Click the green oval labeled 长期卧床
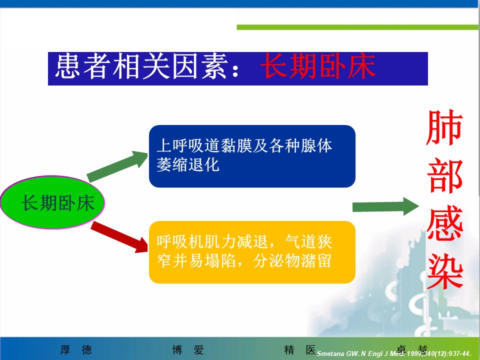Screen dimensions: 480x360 coord(52,202)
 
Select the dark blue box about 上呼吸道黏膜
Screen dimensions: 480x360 coord(252,156)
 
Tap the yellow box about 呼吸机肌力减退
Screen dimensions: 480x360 coord(252,252)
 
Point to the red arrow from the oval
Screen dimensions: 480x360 coord(119,237)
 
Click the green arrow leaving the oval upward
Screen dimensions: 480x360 coord(117,166)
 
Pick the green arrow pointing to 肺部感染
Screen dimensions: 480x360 coord(385,206)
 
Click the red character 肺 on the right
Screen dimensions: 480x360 coord(444,127)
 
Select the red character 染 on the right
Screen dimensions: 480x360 coord(445,271)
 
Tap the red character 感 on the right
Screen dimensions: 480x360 coord(445,223)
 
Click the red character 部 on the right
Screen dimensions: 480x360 coord(444,175)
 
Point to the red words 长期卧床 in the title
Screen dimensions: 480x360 coord(318,66)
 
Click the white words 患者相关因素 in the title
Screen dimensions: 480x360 coord(141,66)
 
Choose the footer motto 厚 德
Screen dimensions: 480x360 coord(76,349)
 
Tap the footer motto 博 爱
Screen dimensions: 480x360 coord(188,349)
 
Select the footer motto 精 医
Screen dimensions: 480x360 coord(300,349)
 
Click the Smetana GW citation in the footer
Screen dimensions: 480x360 coord(394,353)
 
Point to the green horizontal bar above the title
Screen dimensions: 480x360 coord(357,27)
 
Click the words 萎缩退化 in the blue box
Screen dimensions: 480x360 coord(188,164)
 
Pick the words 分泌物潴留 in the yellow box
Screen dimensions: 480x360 coord(292,261)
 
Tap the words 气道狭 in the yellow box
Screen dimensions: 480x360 coord(308,241)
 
